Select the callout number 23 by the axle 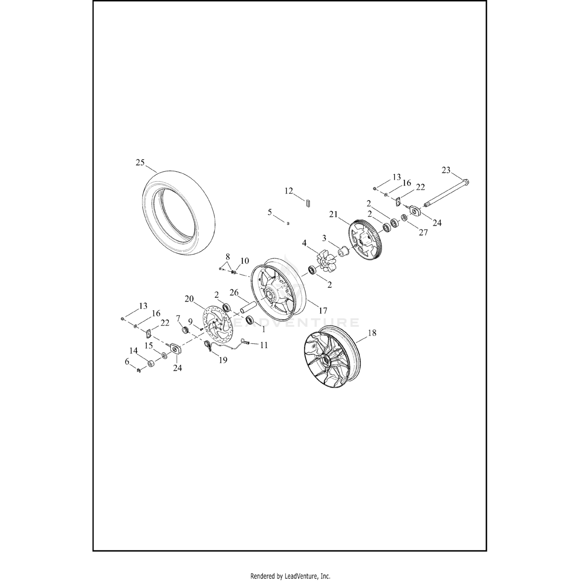tap(446, 170)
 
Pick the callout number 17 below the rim tap(323, 310)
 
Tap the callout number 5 tap(270, 212)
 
